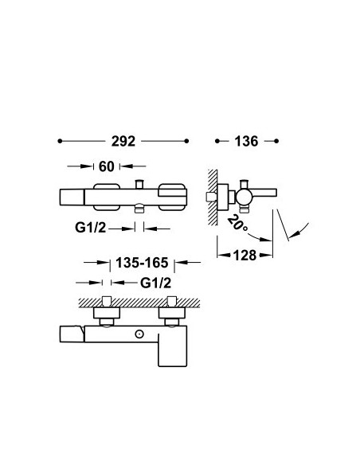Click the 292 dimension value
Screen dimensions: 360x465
(x=123, y=141)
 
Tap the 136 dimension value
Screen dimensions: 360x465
(x=246, y=141)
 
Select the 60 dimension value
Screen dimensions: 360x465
(x=107, y=166)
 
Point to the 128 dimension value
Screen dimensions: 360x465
(x=245, y=255)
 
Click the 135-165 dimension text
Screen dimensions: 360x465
(x=142, y=263)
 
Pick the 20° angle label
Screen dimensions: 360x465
(x=238, y=223)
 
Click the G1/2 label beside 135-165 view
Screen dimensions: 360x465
(x=155, y=283)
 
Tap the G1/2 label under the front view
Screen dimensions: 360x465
(x=91, y=228)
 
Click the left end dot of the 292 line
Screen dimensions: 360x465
(x=60, y=141)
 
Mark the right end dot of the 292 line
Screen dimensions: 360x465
(x=186, y=141)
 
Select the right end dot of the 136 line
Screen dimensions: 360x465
(x=276, y=141)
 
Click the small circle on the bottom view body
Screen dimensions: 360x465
(x=139, y=334)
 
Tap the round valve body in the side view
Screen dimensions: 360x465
(x=244, y=197)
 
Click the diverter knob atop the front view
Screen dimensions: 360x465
(x=139, y=184)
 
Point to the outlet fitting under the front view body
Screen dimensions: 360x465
(x=139, y=208)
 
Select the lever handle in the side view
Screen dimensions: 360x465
(x=264, y=193)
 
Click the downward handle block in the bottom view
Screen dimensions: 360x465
(x=172, y=350)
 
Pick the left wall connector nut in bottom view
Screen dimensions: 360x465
(x=107, y=313)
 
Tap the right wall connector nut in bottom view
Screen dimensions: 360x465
(x=172, y=313)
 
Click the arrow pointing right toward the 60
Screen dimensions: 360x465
(x=80, y=166)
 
